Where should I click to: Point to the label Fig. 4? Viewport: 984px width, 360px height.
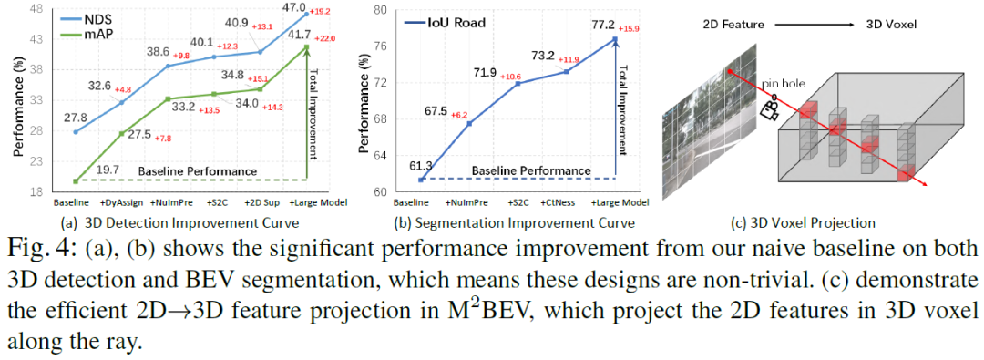[45, 252]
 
